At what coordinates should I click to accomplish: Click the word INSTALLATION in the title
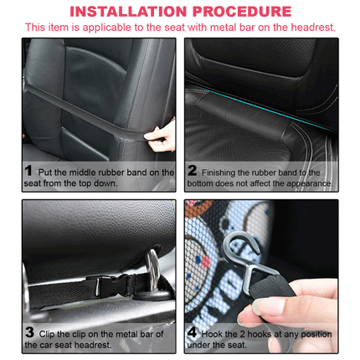coord(128,12)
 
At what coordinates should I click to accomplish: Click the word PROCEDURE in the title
coord(242,12)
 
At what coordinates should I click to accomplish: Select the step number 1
coord(28,170)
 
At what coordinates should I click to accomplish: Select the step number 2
coord(193,170)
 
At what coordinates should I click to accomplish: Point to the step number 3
coord(29,332)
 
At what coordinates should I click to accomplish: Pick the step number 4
coord(192,332)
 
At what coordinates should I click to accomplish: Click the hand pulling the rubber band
coord(161,136)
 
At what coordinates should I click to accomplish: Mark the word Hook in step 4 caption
coord(211,334)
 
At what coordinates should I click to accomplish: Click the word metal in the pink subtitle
coord(222,28)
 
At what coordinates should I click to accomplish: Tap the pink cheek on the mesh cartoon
coord(206,262)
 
